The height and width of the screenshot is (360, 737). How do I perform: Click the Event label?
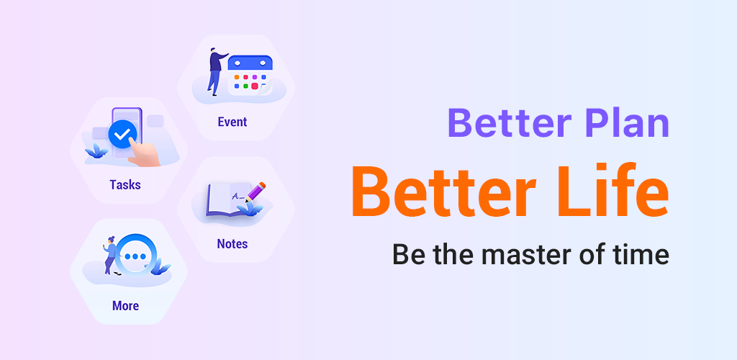click(232, 122)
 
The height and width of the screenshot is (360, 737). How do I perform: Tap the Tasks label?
click(125, 184)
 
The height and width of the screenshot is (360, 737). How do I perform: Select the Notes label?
click(232, 243)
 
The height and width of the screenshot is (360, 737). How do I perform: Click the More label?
click(125, 306)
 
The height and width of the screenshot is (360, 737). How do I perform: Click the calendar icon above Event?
click(250, 75)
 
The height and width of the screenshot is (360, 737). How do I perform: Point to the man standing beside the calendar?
click(217, 71)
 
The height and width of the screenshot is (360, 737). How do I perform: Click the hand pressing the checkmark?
click(145, 153)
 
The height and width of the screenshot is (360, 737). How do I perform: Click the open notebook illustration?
click(228, 199)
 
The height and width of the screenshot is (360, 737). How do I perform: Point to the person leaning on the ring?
click(111, 255)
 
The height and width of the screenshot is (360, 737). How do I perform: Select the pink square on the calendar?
click(255, 86)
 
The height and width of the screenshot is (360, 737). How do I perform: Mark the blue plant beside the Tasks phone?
click(96, 150)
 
